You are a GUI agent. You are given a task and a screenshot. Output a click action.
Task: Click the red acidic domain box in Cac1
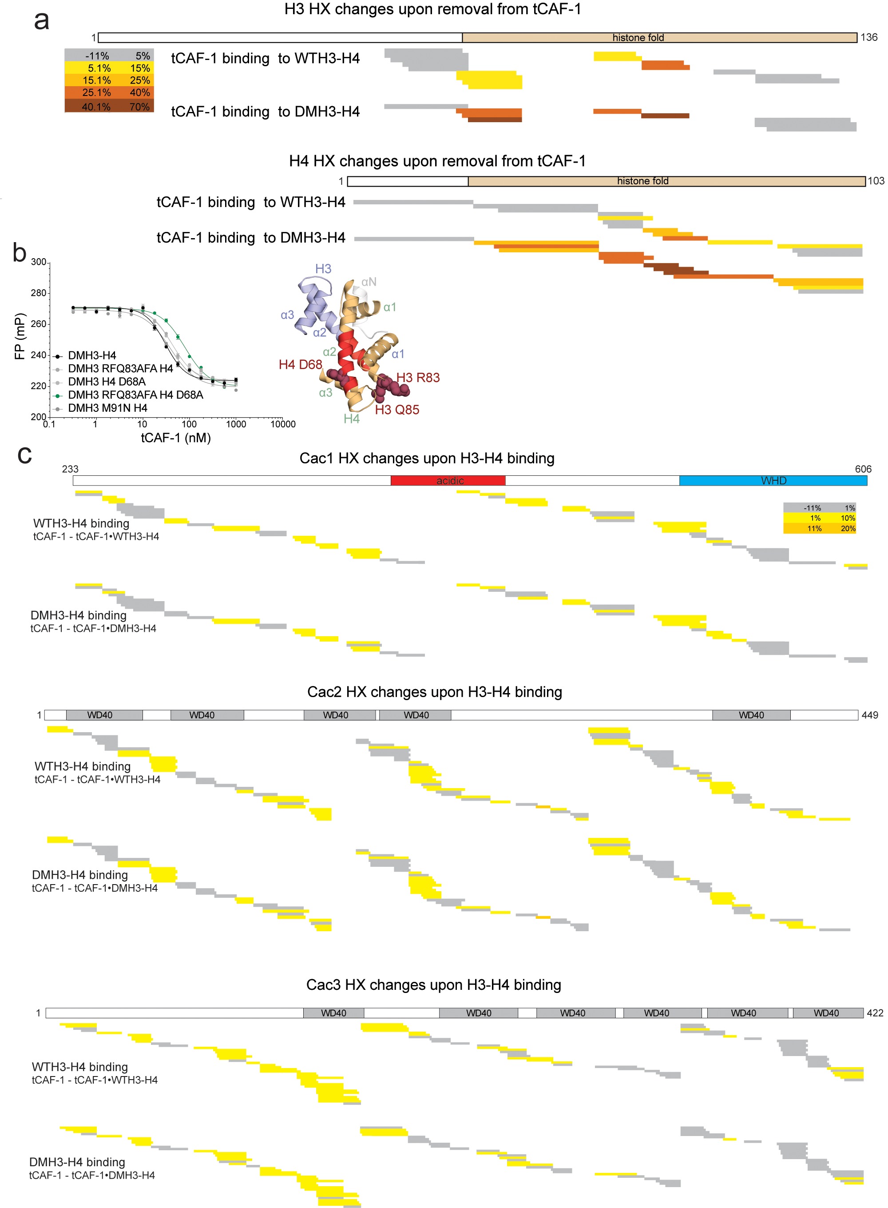[448, 480]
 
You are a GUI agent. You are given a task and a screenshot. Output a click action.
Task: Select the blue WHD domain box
[773, 480]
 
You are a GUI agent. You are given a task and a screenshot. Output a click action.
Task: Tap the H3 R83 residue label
[418, 378]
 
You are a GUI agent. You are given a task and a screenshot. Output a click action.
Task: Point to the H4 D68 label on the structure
[300, 365]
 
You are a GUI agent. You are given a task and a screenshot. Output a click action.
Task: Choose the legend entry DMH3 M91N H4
[107, 408]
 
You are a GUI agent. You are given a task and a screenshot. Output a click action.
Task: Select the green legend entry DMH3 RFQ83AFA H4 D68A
[135, 395]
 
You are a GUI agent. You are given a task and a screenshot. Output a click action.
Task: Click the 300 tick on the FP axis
[39, 262]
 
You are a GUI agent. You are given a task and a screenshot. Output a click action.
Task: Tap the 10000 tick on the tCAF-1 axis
[283, 424]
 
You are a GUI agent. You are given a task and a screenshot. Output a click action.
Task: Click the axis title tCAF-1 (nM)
[176, 438]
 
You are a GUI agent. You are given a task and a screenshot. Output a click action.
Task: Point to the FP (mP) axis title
[20, 336]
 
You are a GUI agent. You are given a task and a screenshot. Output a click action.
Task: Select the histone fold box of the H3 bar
[659, 38]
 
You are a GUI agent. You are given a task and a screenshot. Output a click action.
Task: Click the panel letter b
[20, 253]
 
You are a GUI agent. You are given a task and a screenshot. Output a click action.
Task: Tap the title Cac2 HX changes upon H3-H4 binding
[434, 692]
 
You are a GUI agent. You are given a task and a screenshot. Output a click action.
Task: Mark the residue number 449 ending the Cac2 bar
[870, 715]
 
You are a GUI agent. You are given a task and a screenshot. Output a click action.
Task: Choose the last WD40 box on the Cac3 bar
[827, 1013]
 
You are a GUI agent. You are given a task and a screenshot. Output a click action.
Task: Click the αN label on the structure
[369, 282]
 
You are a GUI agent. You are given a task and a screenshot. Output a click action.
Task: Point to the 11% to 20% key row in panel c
[819, 528]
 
